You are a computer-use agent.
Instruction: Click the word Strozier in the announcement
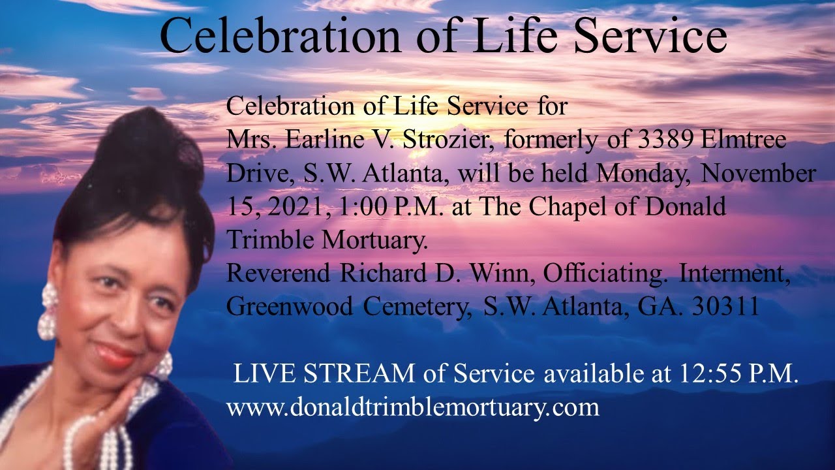[x=439, y=140]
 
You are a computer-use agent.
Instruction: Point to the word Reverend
[x=279, y=275]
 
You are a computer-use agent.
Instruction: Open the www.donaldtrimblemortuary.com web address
[x=412, y=407]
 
